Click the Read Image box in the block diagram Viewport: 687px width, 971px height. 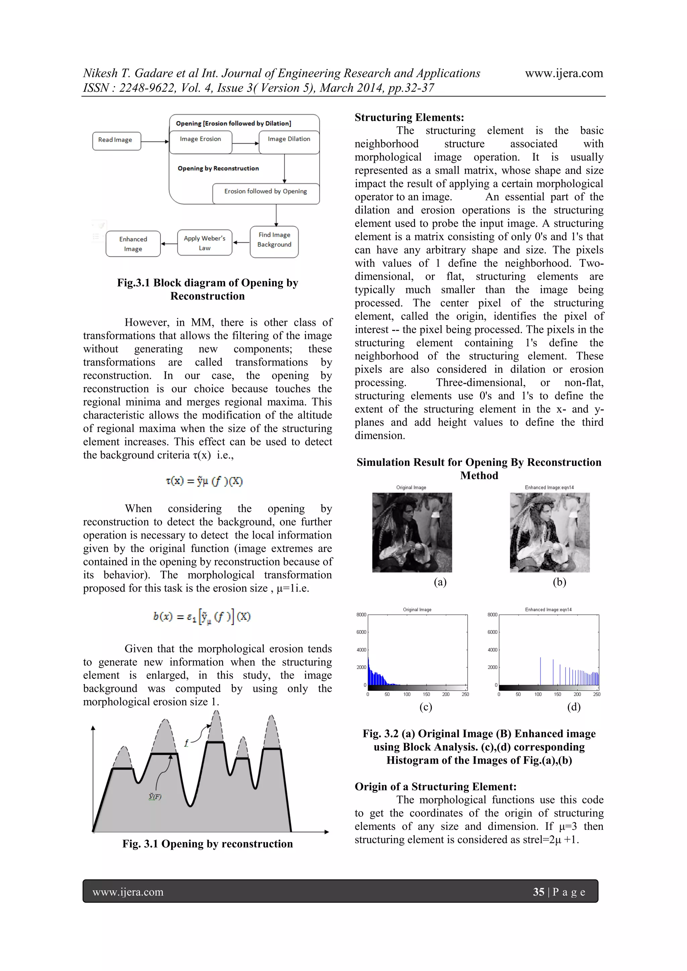pyautogui.click(x=116, y=141)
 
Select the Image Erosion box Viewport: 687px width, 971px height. pyautogui.click(x=200, y=142)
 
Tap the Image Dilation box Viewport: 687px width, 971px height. pyautogui.click(x=289, y=142)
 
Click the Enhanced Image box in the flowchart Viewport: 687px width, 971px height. pyautogui.click(x=133, y=244)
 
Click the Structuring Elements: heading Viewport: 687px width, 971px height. pyautogui.click(x=409, y=117)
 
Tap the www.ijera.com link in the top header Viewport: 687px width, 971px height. pyautogui.click(x=564, y=73)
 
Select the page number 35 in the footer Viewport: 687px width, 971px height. pyautogui.click(x=538, y=892)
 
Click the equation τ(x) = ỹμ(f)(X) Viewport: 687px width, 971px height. pyautogui.click(x=204, y=481)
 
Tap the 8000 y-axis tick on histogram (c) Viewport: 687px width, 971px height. pyautogui.click(x=361, y=614)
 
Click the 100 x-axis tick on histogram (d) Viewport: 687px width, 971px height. pyautogui.click(x=538, y=694)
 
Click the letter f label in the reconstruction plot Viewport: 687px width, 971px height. pyautogui.click(x=186, y=743)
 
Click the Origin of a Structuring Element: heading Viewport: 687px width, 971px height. pyautogui.click(x=435, y=786)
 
